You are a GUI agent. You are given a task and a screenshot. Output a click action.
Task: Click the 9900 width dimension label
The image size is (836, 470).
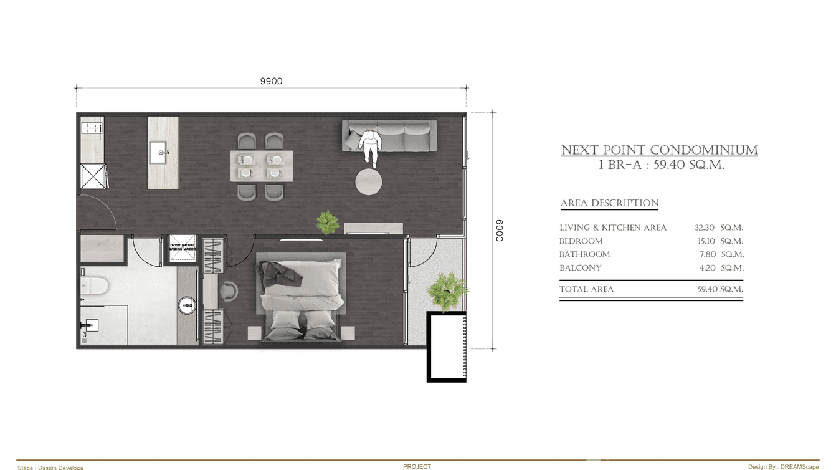point(271,81)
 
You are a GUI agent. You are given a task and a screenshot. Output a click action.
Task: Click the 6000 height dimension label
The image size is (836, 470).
point(500,230)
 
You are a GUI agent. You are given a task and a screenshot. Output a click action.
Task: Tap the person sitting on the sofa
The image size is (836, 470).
point(369,146)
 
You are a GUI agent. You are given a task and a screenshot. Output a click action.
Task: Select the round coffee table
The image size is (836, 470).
point(369,181)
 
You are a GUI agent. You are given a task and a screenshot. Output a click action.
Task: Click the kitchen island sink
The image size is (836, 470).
point(159,151)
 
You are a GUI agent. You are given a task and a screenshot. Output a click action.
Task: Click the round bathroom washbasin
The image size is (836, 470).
point(187,305)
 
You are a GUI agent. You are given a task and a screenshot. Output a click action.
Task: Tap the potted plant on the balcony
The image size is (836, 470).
point(447,290)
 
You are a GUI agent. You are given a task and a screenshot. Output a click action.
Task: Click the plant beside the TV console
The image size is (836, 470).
point(327,222)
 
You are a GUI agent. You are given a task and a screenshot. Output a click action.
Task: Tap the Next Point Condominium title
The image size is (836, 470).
point(659,150)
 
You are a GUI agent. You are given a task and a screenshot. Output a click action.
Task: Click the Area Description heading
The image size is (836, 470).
point(609,203)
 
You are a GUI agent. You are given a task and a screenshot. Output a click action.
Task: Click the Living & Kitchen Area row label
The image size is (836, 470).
point(613,228)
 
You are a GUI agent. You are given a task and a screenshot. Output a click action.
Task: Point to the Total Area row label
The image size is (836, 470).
point(586,289)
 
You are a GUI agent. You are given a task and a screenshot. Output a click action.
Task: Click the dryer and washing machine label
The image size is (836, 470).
point(183,247)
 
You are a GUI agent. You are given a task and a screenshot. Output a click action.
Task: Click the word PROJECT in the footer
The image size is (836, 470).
point(417,466)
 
